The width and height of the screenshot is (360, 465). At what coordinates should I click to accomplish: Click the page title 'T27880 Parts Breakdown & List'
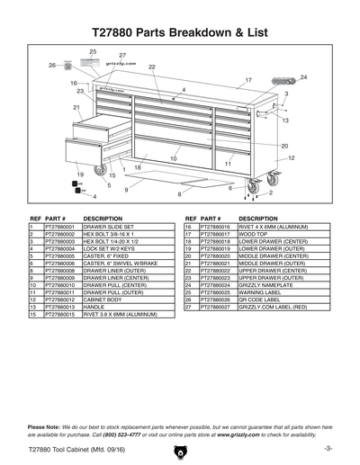pyautogui.click(x=180, y=32)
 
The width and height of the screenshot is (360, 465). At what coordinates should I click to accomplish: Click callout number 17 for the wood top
pyautogui.click(x=248, y=81)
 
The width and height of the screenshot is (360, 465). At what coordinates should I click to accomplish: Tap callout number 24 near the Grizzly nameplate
pyautogui.click(x=303, y=78)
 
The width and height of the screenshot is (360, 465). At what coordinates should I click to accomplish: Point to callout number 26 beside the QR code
pyautogui.click(x=52, y=66)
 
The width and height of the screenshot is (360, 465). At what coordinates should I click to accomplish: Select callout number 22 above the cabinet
pyautogui.click(x=152, y=67)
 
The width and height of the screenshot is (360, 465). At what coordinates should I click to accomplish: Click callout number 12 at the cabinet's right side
pyautogui.click(x=291, y=157)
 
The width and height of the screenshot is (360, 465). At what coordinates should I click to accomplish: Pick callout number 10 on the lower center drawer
pyautogui.click(x=174, y=159)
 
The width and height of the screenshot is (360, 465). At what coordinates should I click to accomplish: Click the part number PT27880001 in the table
pyautogui.click(x=61, y=228)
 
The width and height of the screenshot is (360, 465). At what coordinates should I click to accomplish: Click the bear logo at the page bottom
pyautogui.click(x=180, y=450)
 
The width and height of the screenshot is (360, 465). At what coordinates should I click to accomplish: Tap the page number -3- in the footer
pyautogui.click(x=328, y=448)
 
